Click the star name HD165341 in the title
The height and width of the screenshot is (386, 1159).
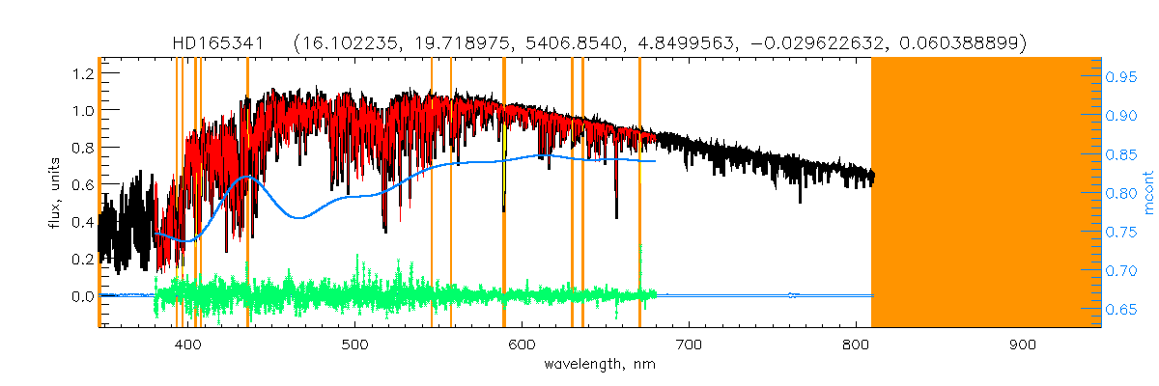[x=226, y=43]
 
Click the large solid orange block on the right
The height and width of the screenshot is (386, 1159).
[x=986, y=193]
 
